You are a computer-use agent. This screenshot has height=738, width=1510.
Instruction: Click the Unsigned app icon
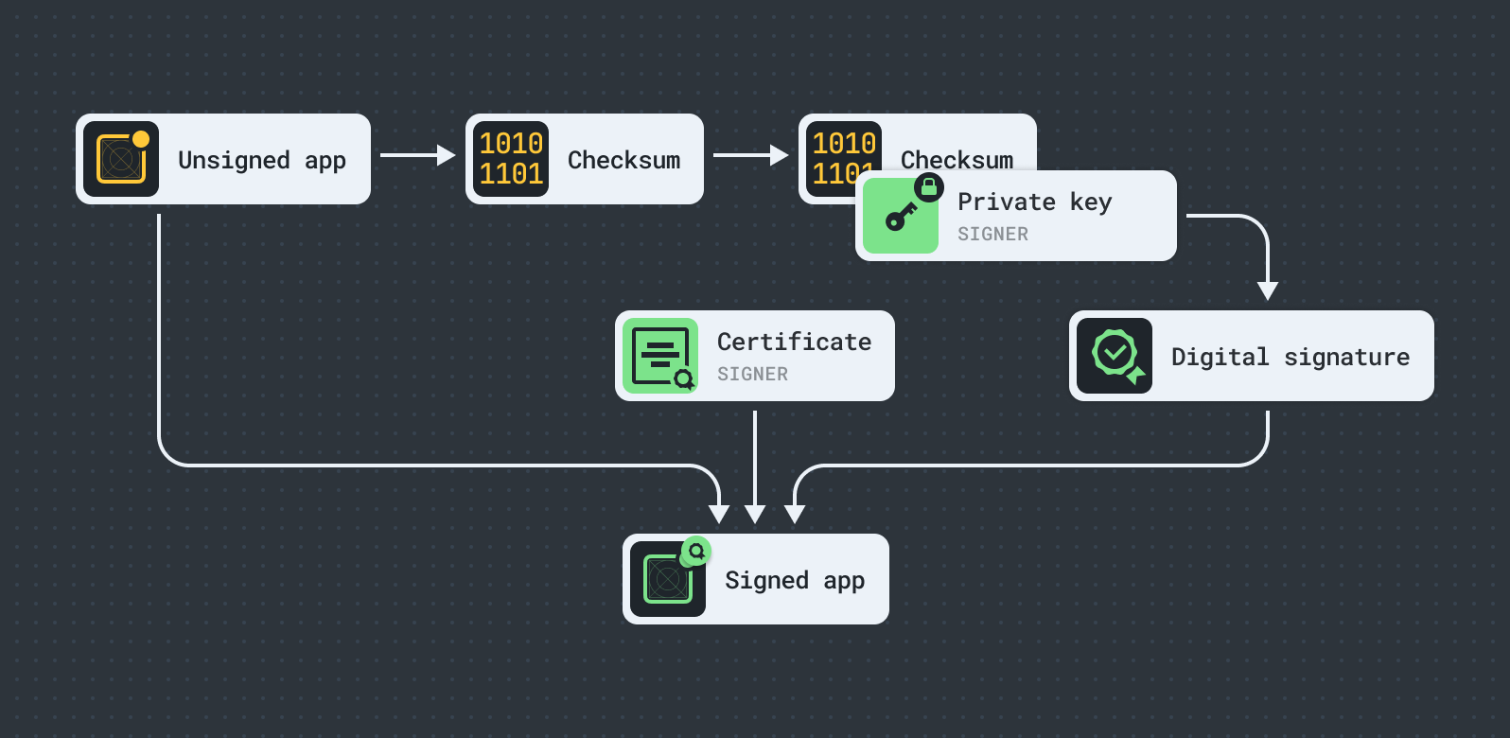click(120, 160)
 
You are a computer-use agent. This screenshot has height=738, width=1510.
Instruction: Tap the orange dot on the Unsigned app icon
click(141, 139)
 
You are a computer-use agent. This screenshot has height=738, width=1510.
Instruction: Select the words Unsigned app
click(261, 160)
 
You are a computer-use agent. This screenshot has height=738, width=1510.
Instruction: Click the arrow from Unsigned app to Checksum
click(417, 155)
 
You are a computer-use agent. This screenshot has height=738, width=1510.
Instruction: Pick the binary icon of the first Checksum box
click(511, 159)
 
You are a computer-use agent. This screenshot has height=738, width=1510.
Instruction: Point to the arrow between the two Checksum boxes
click(750, 155)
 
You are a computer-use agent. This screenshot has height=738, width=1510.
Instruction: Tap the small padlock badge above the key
click(929, 187)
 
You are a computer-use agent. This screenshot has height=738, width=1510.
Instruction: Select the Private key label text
click(1034, 202)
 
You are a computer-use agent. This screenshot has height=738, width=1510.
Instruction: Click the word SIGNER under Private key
click(992, 234)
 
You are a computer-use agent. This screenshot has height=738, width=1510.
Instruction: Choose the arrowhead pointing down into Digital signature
click(1268, 290)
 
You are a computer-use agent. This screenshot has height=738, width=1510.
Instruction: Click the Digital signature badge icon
click(1115, 356)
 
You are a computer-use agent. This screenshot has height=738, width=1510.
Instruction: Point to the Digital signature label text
click(1290, 357)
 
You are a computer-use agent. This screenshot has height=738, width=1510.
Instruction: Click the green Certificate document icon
click(659, 356)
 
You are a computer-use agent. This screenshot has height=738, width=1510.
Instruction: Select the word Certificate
click(794, 342)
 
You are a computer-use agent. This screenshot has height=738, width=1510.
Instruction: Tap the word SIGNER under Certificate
click(752, 374)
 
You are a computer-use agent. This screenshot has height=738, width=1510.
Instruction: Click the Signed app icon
click(667, 579)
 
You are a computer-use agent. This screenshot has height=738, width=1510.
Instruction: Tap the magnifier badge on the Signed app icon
click(696, 551)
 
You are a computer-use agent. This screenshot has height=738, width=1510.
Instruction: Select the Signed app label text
click(794, 580)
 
